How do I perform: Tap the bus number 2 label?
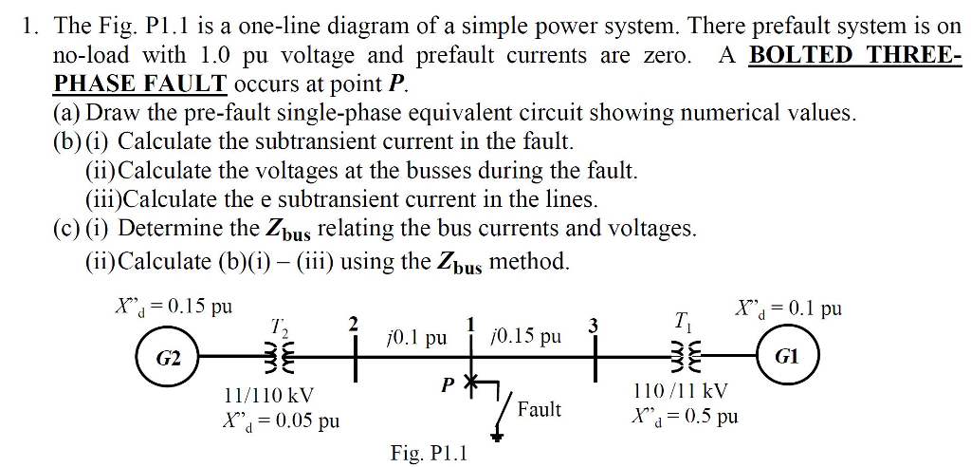point(355,324)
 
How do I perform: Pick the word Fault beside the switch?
point(539,409)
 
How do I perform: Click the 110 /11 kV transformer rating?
point(681,390)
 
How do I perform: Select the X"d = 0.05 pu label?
point(281,420)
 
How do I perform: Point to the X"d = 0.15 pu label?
point(173,307)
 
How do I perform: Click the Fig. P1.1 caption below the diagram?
point(430,453)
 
